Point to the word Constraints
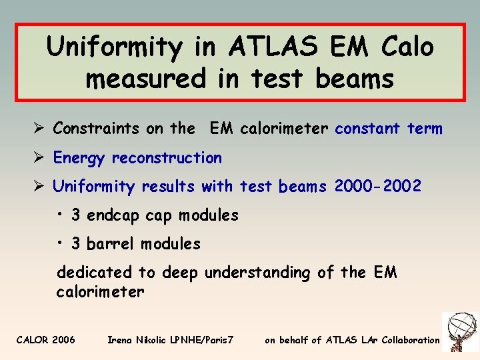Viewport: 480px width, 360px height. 97,128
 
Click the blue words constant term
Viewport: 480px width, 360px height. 389,128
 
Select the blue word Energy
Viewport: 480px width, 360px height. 79,159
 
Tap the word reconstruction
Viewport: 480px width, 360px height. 167,158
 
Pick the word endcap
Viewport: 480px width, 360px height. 113,216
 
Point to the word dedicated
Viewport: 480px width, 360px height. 95,273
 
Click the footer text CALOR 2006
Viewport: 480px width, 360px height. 45,340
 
